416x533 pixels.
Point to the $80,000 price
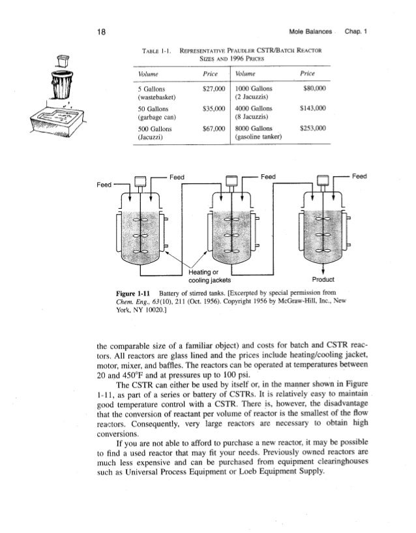click(318, 85)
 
